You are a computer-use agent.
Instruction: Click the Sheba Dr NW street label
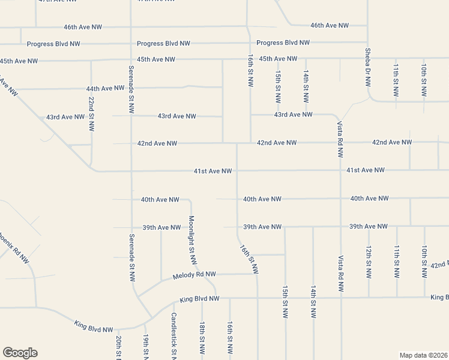click(367, 67)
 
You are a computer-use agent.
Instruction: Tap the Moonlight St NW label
click(193, 240)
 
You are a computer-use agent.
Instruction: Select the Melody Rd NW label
click(194, 275)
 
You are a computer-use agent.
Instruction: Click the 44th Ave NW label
click(105, 88)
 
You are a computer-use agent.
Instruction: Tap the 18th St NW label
click(202, 337)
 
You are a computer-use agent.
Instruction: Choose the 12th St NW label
click(368, 261)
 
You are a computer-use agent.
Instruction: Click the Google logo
click(20, 353)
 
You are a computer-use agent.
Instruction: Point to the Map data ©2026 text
click(423, 355)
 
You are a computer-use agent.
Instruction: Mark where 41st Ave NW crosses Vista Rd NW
click(340, 170)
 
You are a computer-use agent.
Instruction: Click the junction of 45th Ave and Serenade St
click(131, 59)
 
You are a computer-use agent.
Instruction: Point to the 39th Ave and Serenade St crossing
click(131, 228)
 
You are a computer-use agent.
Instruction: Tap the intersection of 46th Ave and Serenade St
click(131, 27)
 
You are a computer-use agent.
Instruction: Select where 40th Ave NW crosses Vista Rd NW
click(340, 199)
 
